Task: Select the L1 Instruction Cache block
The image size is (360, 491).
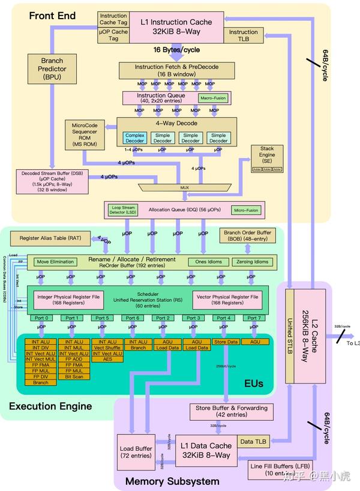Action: (x=176, y=27)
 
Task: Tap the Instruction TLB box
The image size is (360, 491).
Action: (x=243, y=35)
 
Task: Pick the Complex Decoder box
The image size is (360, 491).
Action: (x=136, y=139)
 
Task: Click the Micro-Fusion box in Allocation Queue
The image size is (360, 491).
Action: (x=246, y=210)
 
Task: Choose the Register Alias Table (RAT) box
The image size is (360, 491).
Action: (x=50, y=238)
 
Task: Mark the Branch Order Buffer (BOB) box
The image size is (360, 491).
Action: (x=247, y=236)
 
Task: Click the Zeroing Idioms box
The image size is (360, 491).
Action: (x=253, y=262)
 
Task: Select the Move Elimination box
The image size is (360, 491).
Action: (x=55, y=262)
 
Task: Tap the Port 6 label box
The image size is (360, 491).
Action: (x=133, y=318)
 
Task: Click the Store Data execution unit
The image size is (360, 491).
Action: (x=226, y=342)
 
